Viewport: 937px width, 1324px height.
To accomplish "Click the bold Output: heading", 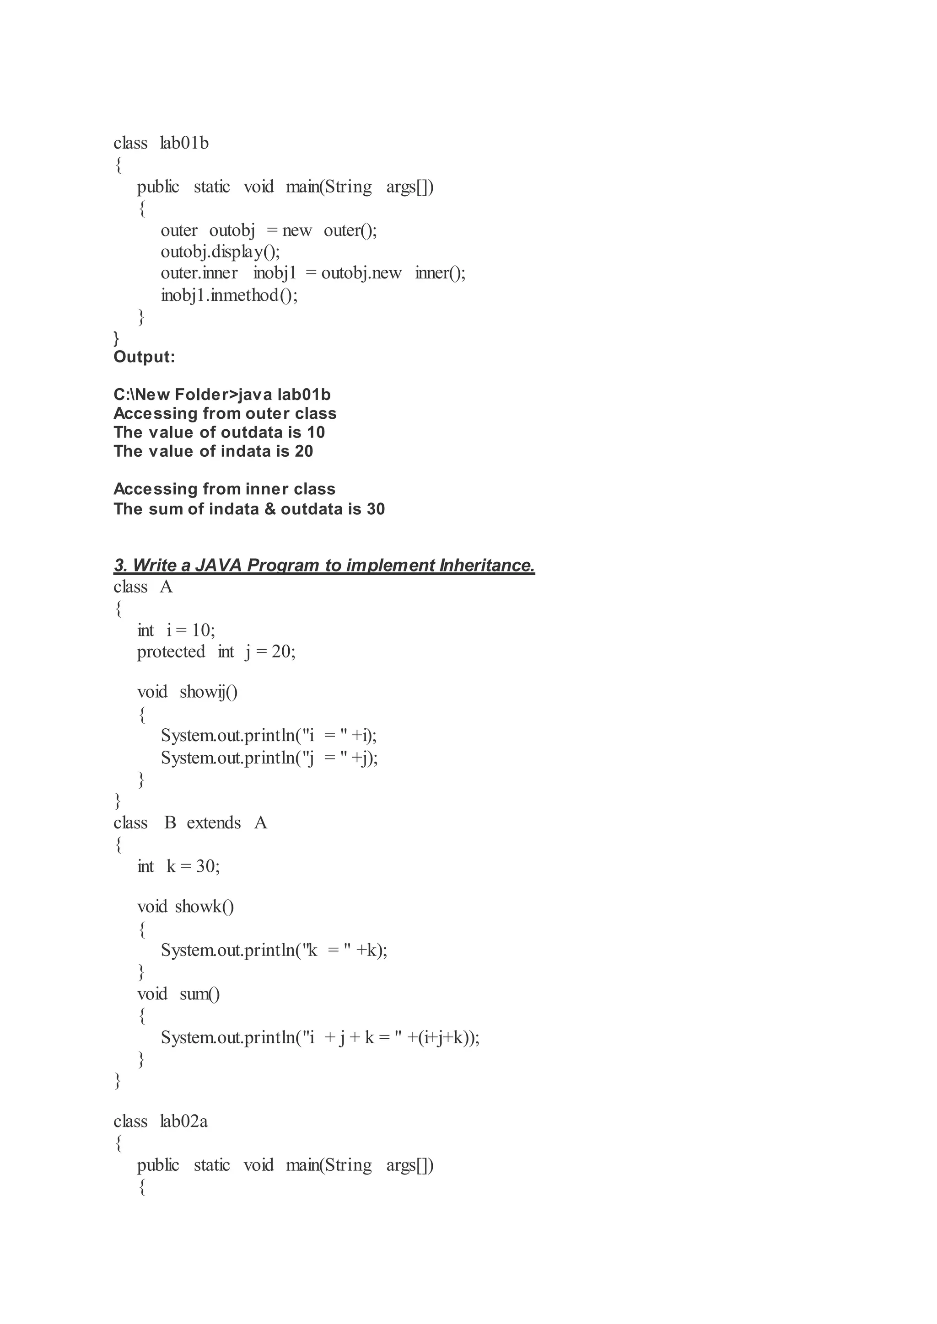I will [x=144, y=357].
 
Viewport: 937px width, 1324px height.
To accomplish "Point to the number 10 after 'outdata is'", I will [x=316, y=432].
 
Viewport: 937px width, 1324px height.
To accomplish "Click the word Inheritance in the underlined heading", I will [x=486, y=565].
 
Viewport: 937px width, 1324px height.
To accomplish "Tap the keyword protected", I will [x=171, y=651].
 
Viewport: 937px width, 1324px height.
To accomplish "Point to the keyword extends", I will [x=214, y=822].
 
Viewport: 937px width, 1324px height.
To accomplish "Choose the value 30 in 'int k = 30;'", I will [x=205, y=866].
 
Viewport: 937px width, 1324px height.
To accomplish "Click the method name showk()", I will [x=204, y=907].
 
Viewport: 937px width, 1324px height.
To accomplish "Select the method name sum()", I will [x=199, y=993].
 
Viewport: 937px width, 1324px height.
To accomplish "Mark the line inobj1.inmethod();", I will [x=229, y=295].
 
